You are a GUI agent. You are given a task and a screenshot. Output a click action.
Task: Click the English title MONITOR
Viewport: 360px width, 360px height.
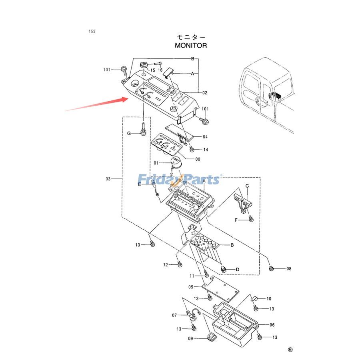point(191,46)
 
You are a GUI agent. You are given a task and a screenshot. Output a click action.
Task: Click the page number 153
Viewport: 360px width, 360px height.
point(92,31)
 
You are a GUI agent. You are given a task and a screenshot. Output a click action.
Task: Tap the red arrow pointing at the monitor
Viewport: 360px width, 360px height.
point(96,104)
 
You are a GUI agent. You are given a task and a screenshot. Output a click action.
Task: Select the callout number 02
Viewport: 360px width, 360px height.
point(204,93)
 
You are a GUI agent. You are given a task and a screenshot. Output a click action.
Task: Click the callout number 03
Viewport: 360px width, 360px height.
point(108,179)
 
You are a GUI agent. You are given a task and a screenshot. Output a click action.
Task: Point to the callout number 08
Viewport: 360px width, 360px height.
point(288,268)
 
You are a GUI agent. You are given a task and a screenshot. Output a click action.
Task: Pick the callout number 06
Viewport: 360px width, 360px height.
point(272,325)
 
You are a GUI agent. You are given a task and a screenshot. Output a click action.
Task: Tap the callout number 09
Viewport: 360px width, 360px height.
point(190,338)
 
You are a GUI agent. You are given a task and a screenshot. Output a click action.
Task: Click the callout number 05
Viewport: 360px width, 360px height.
point(191,287)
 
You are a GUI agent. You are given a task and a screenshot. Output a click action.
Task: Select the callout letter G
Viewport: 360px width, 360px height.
point(129,133)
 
